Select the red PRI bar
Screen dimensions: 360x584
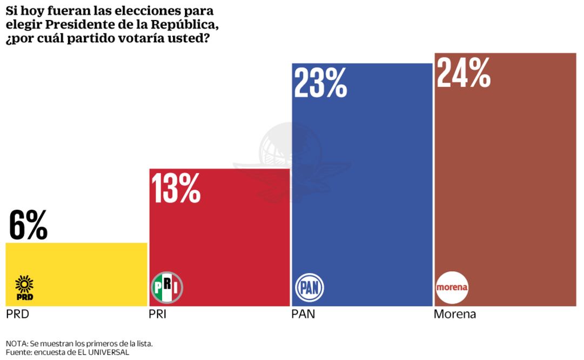coord(219,238)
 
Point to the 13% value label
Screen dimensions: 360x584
coord(176,188)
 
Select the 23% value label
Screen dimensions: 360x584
coord(320,83)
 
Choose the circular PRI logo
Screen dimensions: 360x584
coord(167,287)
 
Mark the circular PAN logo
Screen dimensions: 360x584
coord(310,287)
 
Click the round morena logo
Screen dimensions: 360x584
coord(452,287)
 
